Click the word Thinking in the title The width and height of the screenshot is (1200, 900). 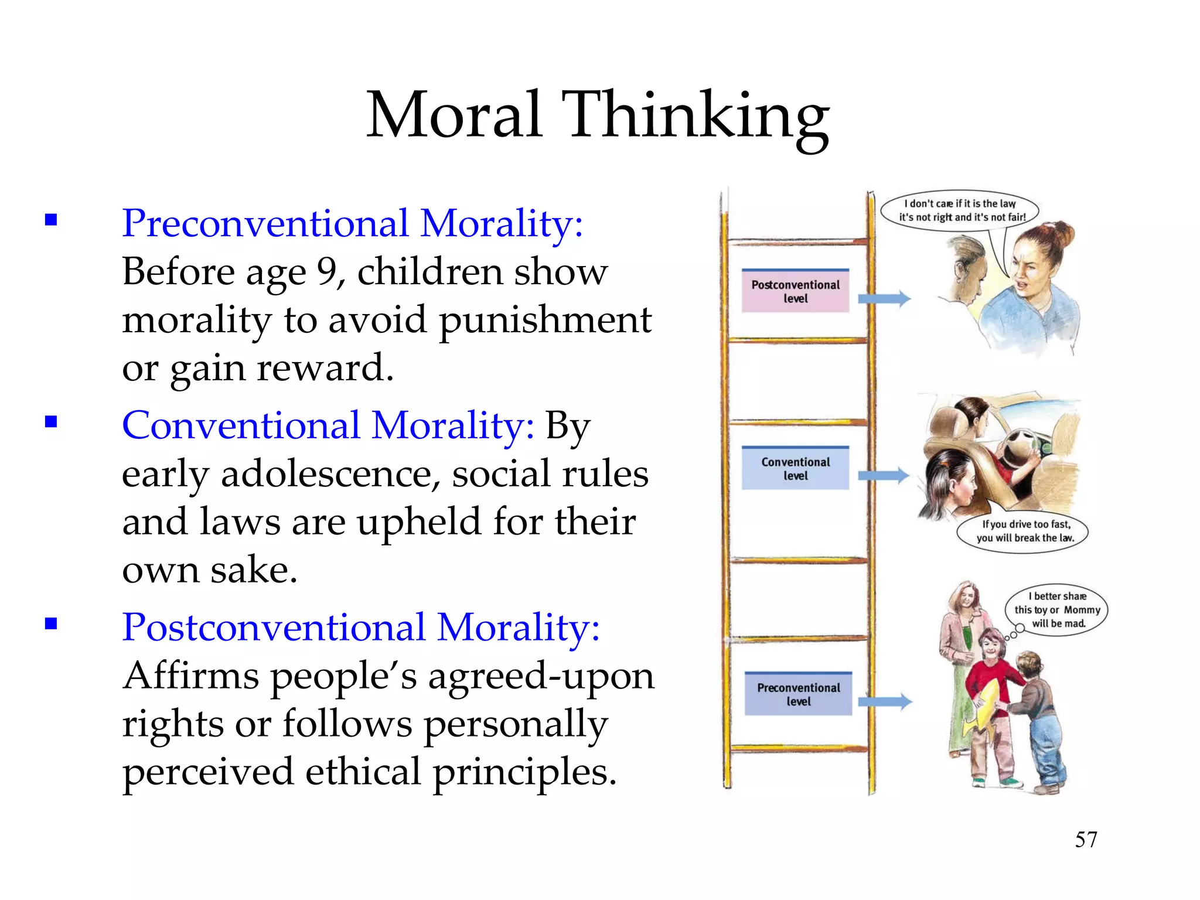click(x=695, y=116)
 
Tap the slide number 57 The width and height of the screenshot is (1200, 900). click(x=1086, y=840)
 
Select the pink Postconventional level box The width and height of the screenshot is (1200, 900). click(x=795, y=291)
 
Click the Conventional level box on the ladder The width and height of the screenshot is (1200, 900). click(x=795, y=469)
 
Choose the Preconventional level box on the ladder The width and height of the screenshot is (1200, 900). click(x=798, y=694)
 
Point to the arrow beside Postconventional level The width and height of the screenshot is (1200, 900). click(x=884, y=299)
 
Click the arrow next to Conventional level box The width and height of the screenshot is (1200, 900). click(x=884, y=476)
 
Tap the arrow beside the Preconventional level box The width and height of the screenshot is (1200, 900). click(x=885, y=701)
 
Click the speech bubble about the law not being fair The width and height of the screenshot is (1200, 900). click(x=960, y=210)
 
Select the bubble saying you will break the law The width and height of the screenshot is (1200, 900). click(x=1023, y=531)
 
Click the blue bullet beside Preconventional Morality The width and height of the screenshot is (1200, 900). click(x=51, y=220)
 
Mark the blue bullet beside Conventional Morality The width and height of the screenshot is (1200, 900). click(x=51, y=422)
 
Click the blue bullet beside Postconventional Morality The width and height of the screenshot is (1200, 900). click(x=51, y=623)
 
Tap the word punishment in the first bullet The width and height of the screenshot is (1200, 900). click(x=545, y=321)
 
